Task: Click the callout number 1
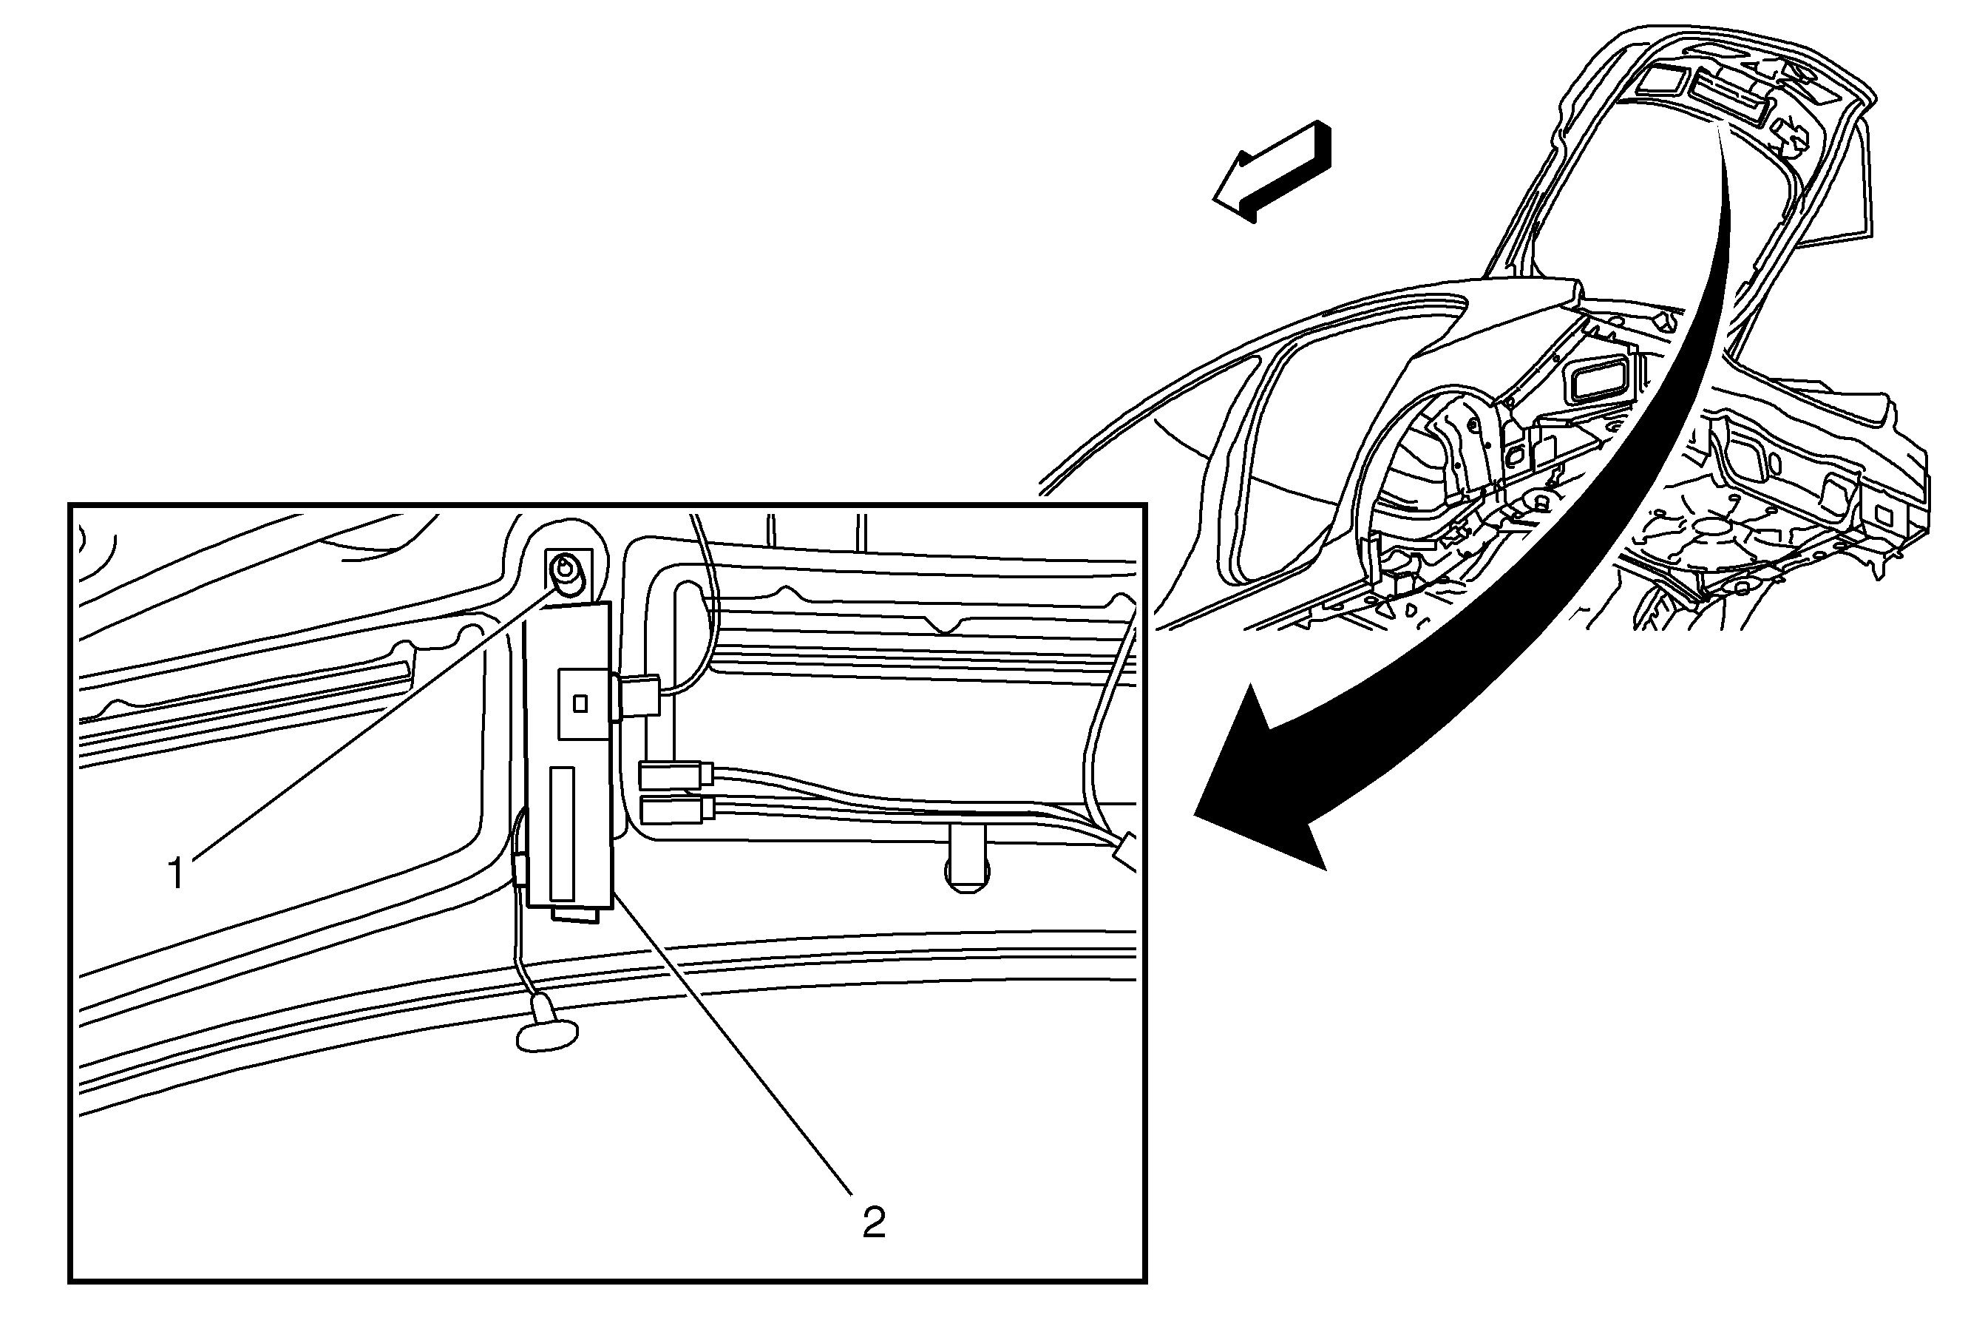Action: (x=176, y=873)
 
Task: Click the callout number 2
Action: (x=874, y=1222)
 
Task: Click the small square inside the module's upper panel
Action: (x=580, y=703)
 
